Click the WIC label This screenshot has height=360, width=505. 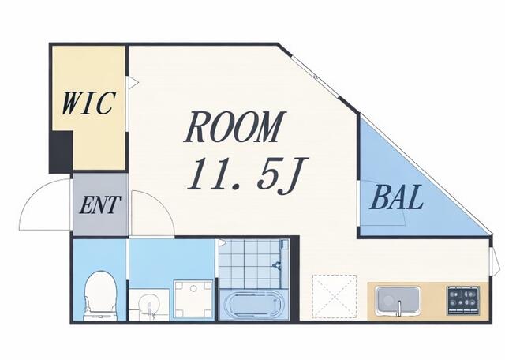coord(88,103)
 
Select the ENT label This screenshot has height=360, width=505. coord(100,205)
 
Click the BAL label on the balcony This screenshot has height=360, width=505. coord(396,197)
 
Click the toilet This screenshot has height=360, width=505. coord(100,295)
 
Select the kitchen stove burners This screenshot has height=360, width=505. coord(463,300)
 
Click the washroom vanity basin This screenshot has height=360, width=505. coord(148,306)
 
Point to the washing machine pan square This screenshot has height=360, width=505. coord(193,300)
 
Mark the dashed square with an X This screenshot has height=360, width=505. coord(335,296)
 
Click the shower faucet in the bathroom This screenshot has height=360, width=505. coord(276,266)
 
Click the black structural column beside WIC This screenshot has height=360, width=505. coord(61,152)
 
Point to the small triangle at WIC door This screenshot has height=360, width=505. coord(133,83)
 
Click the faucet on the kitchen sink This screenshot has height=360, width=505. coord(399,309)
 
